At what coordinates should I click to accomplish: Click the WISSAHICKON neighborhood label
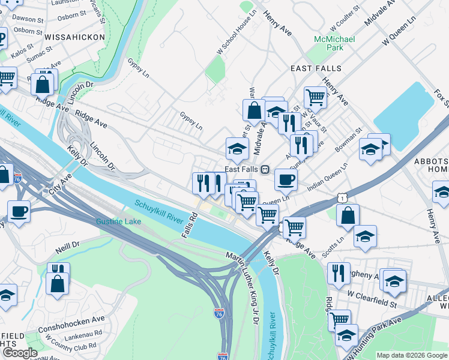(74, 37)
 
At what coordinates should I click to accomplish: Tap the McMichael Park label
(334, 43)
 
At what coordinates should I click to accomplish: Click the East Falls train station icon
(264, 169)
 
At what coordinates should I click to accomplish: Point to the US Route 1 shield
(342, 197)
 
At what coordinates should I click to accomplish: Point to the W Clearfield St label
(372, 296)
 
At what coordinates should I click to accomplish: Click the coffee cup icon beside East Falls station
(286, 179)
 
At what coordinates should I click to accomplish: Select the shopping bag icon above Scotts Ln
(348, 215)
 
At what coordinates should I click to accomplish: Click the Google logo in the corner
(19, 353)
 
